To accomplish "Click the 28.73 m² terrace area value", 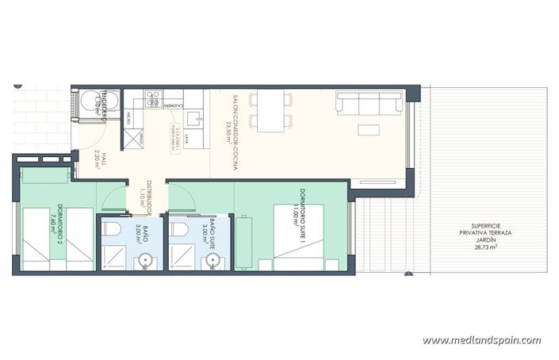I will point(481,248).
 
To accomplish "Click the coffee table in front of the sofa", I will point(367,130).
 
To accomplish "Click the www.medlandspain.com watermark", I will point(481,340).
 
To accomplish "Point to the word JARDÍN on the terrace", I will point(481,240).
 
